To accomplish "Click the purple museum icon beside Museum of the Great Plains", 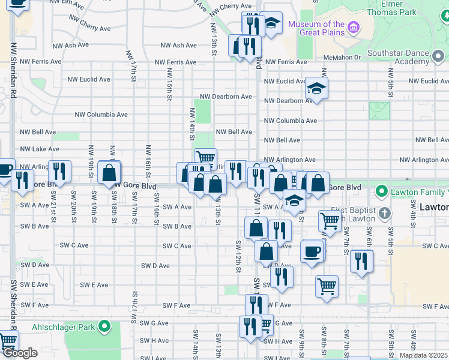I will (353, 28).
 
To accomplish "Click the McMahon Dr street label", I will (341, 58).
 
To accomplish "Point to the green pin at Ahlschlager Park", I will (105, 328).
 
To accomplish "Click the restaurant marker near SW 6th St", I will (361, 260).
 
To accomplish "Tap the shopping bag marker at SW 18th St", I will (109, 173).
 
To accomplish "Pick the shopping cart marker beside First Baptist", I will (330, 220).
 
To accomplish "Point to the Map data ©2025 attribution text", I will (423, 355).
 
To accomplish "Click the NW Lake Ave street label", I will (40, 149).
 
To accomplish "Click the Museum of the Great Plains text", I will (316, 28).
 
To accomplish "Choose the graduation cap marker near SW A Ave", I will (294, 202).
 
